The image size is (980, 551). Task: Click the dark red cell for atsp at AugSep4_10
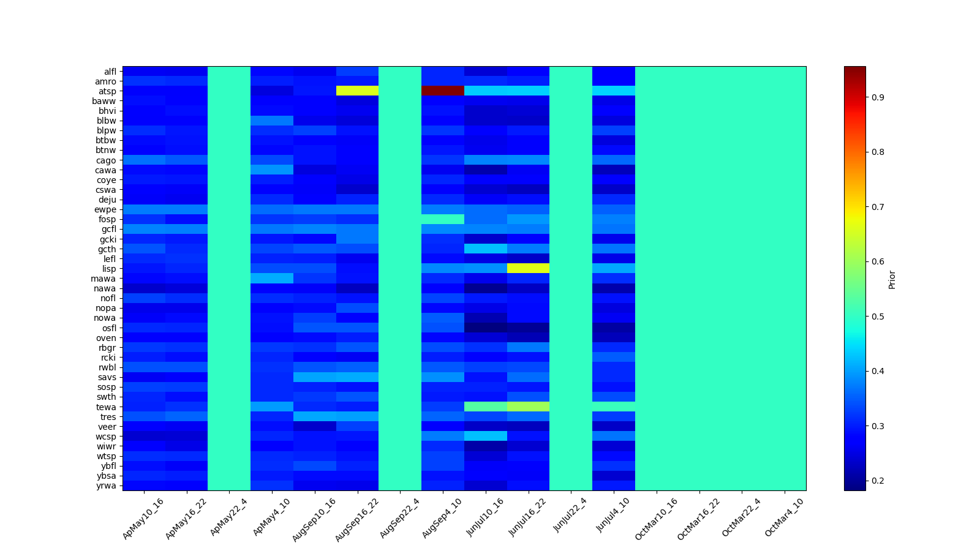pyautogui.click(x=443, y=91)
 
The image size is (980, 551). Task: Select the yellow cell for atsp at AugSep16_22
pyautogui.click(x=357, y=91)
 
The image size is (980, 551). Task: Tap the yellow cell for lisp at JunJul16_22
pyautogui.click(x=528, y=268)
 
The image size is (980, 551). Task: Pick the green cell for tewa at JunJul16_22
pyautogui.click(x=528, y=407)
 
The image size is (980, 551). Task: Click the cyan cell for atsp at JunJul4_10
pyautogui.click(x=614, y=91)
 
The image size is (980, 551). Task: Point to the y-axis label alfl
pyautogui.click(x=110, y=72)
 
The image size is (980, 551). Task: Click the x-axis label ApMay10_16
pyautogui.click(x=143, y=518)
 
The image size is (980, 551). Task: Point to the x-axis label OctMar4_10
pyautogui.click(x=785, y=518)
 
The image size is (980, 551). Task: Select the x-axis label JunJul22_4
pyautogui.click(x=570, y=518)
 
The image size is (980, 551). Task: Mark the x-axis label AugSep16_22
pyautogui.click(x=357, y=518)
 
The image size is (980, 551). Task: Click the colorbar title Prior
pyautogui.click(x=892, y=279)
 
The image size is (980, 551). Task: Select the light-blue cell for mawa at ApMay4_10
pyautogui.click(x=272, y=279)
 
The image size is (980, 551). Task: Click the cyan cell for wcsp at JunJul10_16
pyautogui.click(x=485, y=436)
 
